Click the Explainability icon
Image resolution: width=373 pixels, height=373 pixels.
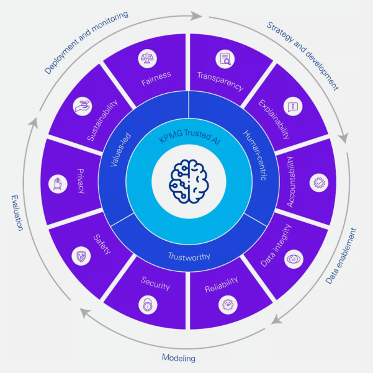click(x=292, y=106)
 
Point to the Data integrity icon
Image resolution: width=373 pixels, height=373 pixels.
click(x=293, y=259)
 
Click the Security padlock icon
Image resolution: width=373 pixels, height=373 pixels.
click(x=149, y=305)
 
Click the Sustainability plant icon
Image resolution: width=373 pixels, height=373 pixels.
click(x=82, y=106)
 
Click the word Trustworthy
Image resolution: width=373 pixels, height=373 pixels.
click(x=188, y=256)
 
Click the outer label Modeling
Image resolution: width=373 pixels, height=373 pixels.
click(x=179, y=358)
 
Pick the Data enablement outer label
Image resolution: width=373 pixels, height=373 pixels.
click(x=343, y=256)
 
